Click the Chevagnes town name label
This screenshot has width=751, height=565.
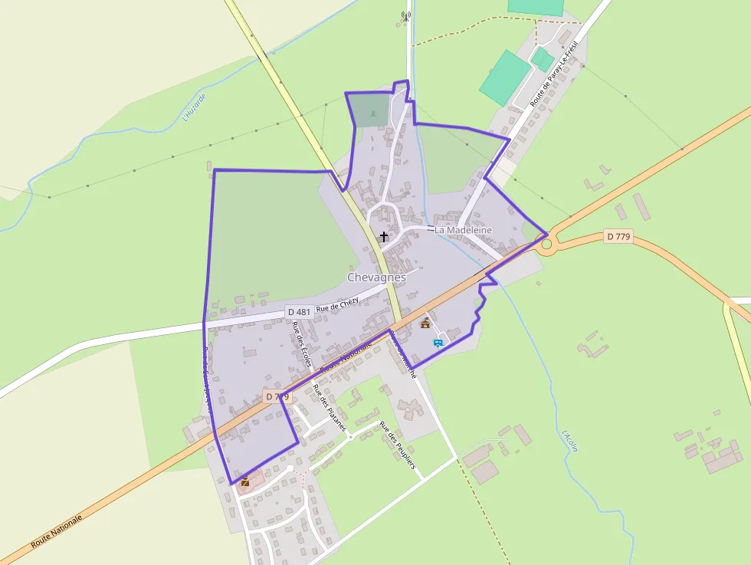tap(376, 277)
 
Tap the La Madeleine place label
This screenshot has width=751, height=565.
tap(463, 230)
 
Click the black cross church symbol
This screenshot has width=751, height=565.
tap(384, 237)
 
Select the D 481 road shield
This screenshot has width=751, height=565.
tap(298, 312)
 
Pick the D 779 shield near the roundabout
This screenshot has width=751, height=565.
tap(617, 237)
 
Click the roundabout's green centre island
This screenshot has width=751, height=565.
tap(546, 245)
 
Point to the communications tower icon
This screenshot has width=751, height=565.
tap(406, 15)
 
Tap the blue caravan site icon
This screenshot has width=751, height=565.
tap(438, 342)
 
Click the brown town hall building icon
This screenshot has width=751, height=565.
tap(425, 323)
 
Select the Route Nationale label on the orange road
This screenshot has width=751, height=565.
tap(56, 531)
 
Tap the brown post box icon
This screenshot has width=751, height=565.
tap(245, 481)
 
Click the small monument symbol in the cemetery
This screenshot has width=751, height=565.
tap(373, 114)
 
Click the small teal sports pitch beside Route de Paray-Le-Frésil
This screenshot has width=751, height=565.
tap(543, 58)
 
